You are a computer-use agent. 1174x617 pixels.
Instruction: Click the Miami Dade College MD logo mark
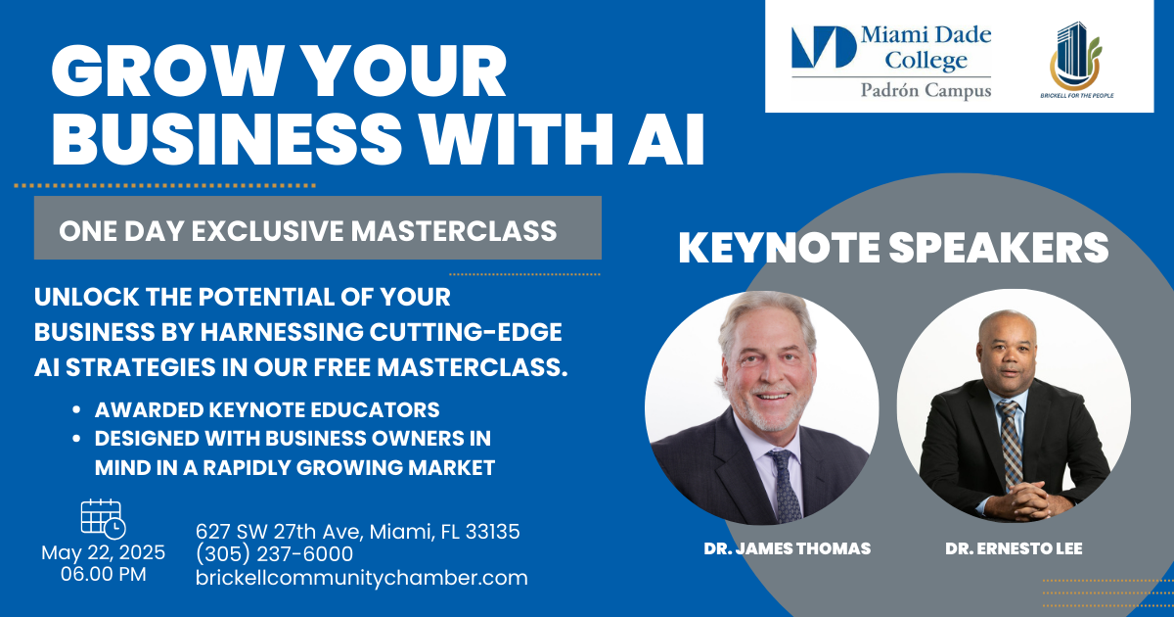point(824,47)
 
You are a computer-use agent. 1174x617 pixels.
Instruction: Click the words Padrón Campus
point(926,91)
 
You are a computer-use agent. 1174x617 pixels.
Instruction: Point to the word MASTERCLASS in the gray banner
point(453,231)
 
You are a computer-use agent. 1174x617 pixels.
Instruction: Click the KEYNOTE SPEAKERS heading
point(893,247)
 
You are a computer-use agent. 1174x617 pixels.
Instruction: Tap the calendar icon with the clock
point(103,518)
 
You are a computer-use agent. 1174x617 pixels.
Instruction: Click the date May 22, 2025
point(104,552)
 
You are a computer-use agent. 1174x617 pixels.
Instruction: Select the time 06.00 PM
point(104,574)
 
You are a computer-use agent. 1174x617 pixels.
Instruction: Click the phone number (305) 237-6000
point(274,554)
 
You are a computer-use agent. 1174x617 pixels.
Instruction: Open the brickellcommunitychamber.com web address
point(362,578)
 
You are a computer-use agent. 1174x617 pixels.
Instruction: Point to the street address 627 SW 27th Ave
point(279,532)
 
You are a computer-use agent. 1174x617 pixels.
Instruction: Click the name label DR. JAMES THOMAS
point(788,548)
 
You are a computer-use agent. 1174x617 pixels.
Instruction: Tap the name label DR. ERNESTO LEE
point(1014,548)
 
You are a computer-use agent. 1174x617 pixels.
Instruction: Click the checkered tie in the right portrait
point(1010,445)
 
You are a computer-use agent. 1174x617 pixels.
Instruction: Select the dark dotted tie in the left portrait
point(785,486)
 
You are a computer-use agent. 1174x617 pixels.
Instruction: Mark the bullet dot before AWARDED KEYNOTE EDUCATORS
point(76,409)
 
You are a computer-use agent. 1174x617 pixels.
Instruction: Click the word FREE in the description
point(342,366)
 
